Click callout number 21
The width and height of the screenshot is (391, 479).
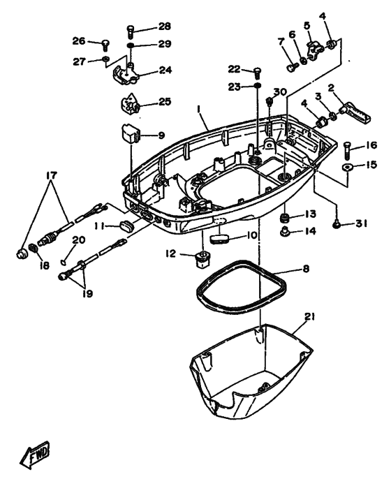(309, 317)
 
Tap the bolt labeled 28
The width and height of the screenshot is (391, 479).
(131, 31)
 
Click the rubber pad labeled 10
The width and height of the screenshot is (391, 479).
(220, 239)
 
